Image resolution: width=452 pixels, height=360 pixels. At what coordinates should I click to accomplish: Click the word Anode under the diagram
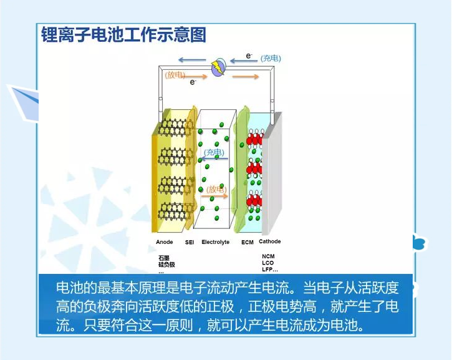tap(165, 242)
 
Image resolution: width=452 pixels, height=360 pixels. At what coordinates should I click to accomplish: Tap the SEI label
tap(190, 242)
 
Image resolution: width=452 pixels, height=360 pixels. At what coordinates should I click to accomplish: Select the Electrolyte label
tap(215, 242)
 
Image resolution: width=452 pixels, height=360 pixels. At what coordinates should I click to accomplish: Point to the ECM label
tap(247, 242)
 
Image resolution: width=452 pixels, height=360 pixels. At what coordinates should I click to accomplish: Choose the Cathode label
tap(270, 241)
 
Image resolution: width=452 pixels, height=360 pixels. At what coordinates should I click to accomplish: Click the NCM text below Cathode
tap(268, 256)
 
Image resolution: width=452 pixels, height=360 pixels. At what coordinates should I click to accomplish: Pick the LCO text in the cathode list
tap(267, 263)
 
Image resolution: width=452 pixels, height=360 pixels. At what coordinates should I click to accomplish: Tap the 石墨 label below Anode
tap(163, 258)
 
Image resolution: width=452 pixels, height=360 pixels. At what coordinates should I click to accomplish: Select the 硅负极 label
tap(166, 265)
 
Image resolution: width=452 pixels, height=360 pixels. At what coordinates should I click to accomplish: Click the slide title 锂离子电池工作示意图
tap(123, 34)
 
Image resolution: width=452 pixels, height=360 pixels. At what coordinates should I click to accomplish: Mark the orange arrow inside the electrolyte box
tap(215, 195)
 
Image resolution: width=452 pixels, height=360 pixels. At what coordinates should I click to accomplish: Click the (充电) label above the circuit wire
tap(271, 58)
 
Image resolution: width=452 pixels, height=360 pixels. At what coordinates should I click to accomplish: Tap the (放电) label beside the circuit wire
tap(175, 75)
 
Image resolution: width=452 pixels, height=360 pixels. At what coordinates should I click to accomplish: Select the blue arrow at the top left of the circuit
tap(190, 61)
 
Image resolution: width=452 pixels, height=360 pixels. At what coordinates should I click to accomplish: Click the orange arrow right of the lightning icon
tap(246, 77)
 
